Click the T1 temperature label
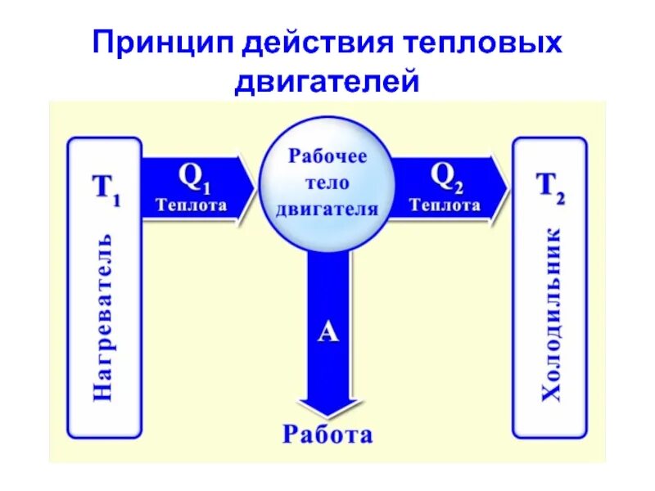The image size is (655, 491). pos(104,191)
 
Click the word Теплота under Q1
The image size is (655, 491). pos(192,205)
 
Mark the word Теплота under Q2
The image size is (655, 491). pos(445,205)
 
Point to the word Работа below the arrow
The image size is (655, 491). pos(327,435)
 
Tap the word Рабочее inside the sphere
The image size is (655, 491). pos(327,156)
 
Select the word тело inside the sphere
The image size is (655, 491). pos(327,182)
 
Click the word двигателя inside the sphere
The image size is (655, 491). pos(327,208)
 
